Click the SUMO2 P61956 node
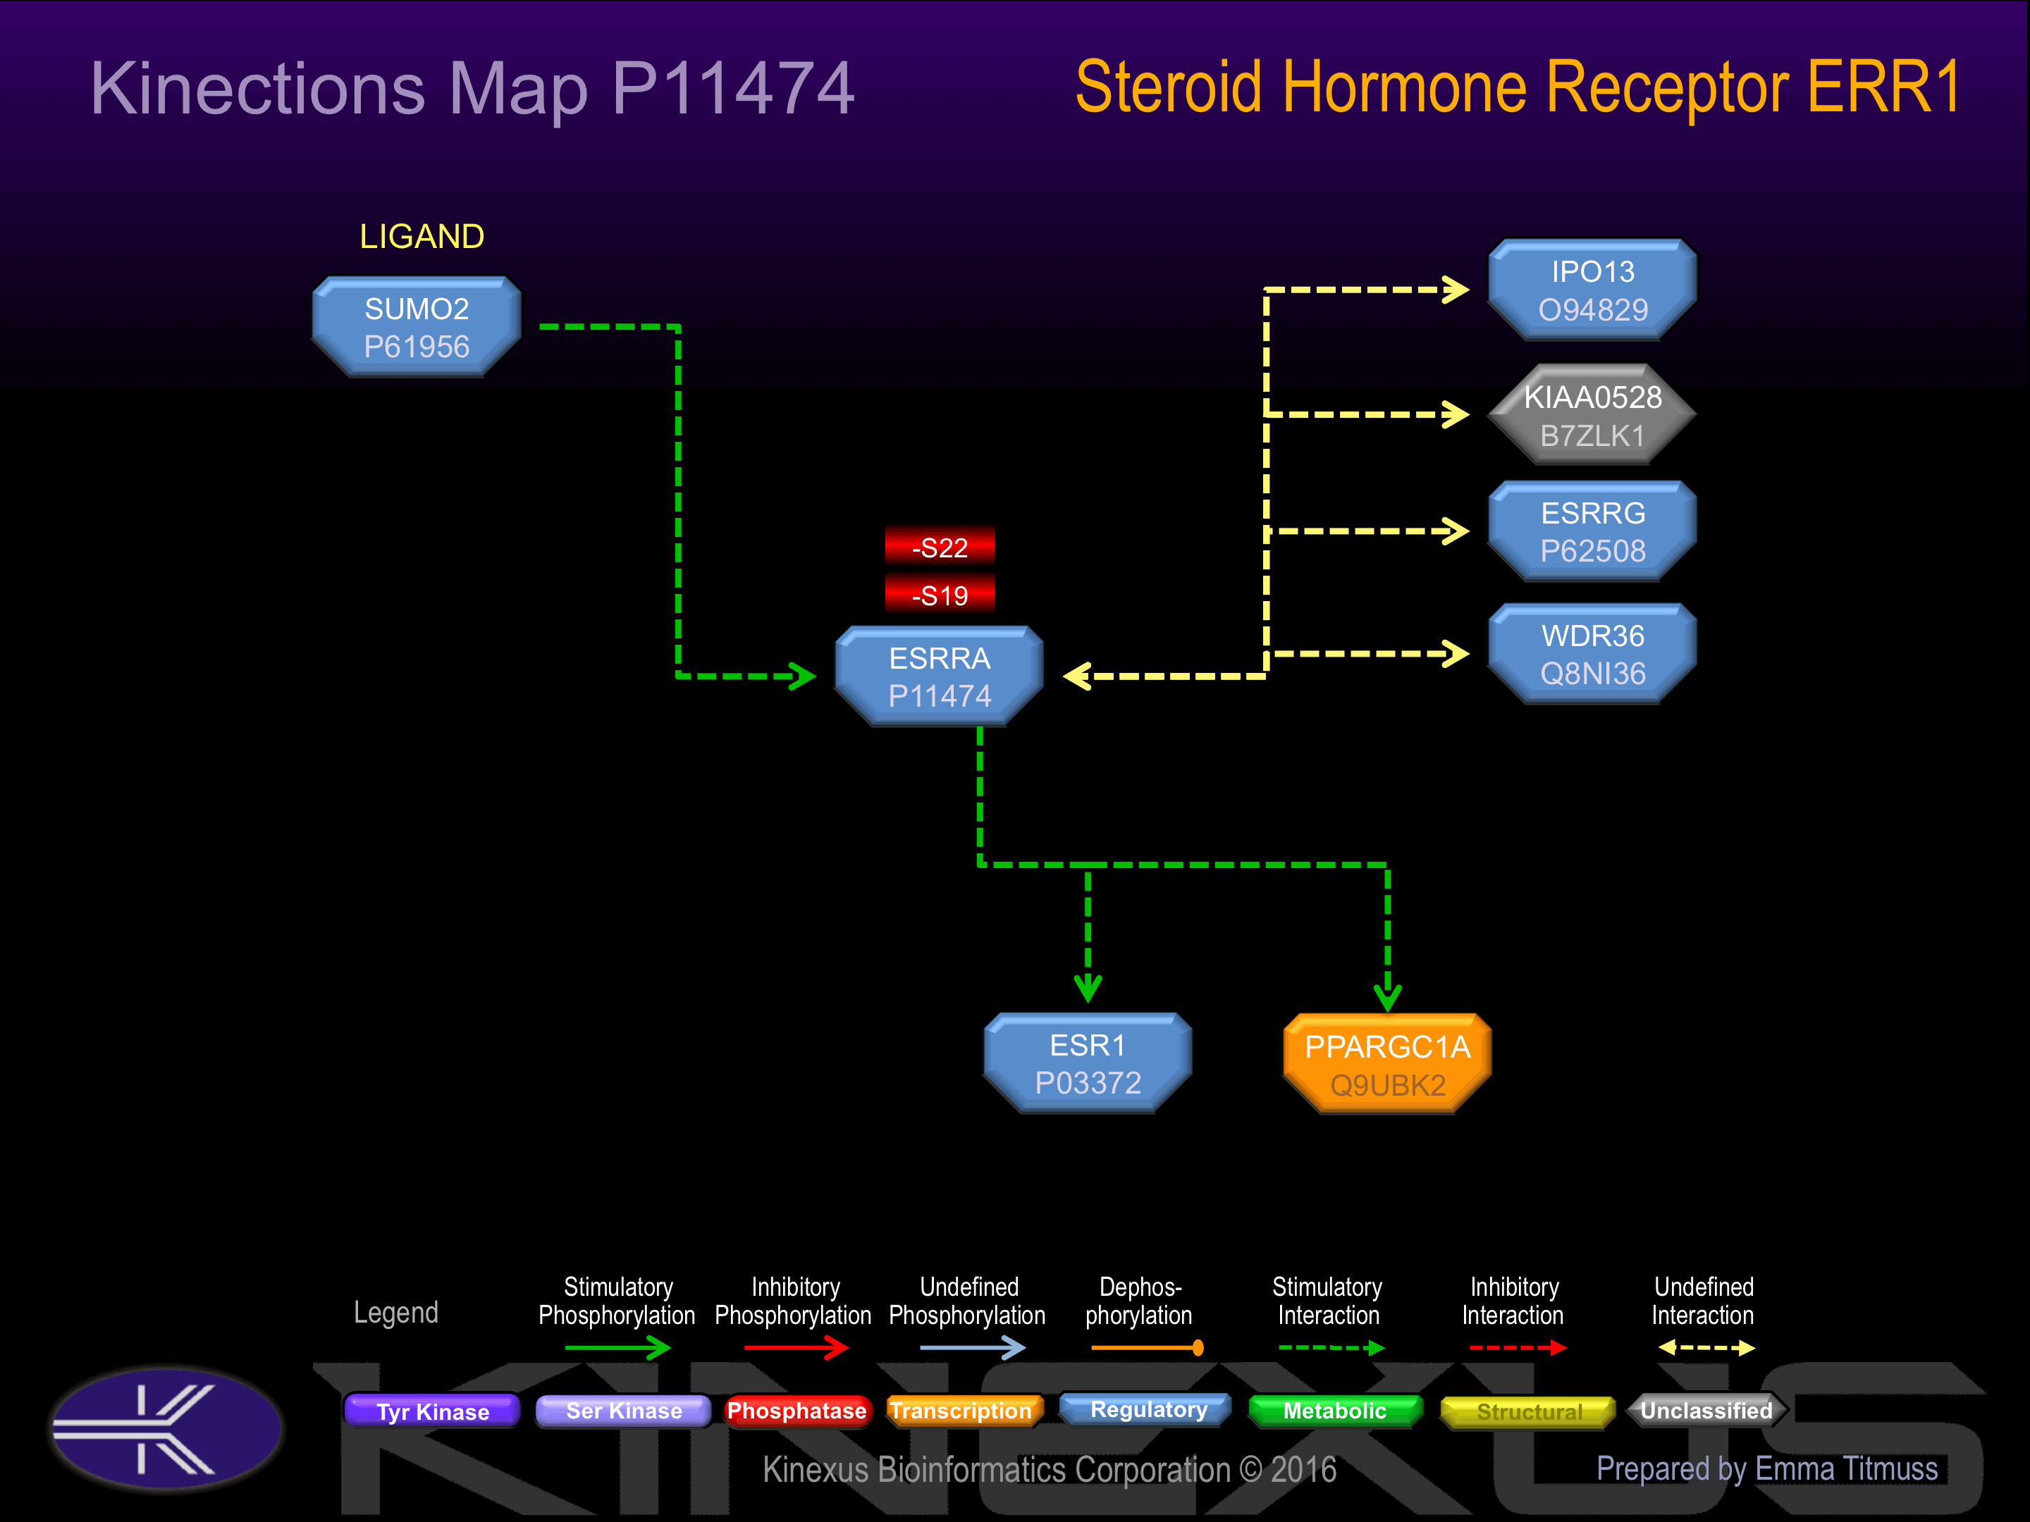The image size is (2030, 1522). click(417, 328)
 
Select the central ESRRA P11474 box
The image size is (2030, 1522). click(940, 677)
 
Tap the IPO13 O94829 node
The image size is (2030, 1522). click(1592, 290)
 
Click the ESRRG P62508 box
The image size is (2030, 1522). click(1592, 531)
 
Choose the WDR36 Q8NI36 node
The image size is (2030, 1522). click(1592, 654)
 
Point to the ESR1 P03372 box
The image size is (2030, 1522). click(1088, 1063)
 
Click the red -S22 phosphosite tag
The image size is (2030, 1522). click(940, 547)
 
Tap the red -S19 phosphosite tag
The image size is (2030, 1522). click(940, 595)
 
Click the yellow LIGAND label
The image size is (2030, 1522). click(422, 237)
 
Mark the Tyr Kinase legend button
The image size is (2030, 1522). click(432, 1411)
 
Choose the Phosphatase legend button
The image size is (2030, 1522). click(796, 1411)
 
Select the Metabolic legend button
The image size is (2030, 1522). click(1334, 1411)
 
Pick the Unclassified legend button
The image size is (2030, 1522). click(1706, 1411)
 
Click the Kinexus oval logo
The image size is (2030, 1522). click(166, 1428)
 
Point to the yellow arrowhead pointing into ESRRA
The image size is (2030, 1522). click(1076, 677)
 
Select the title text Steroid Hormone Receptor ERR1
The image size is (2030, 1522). click(1518, 87)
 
